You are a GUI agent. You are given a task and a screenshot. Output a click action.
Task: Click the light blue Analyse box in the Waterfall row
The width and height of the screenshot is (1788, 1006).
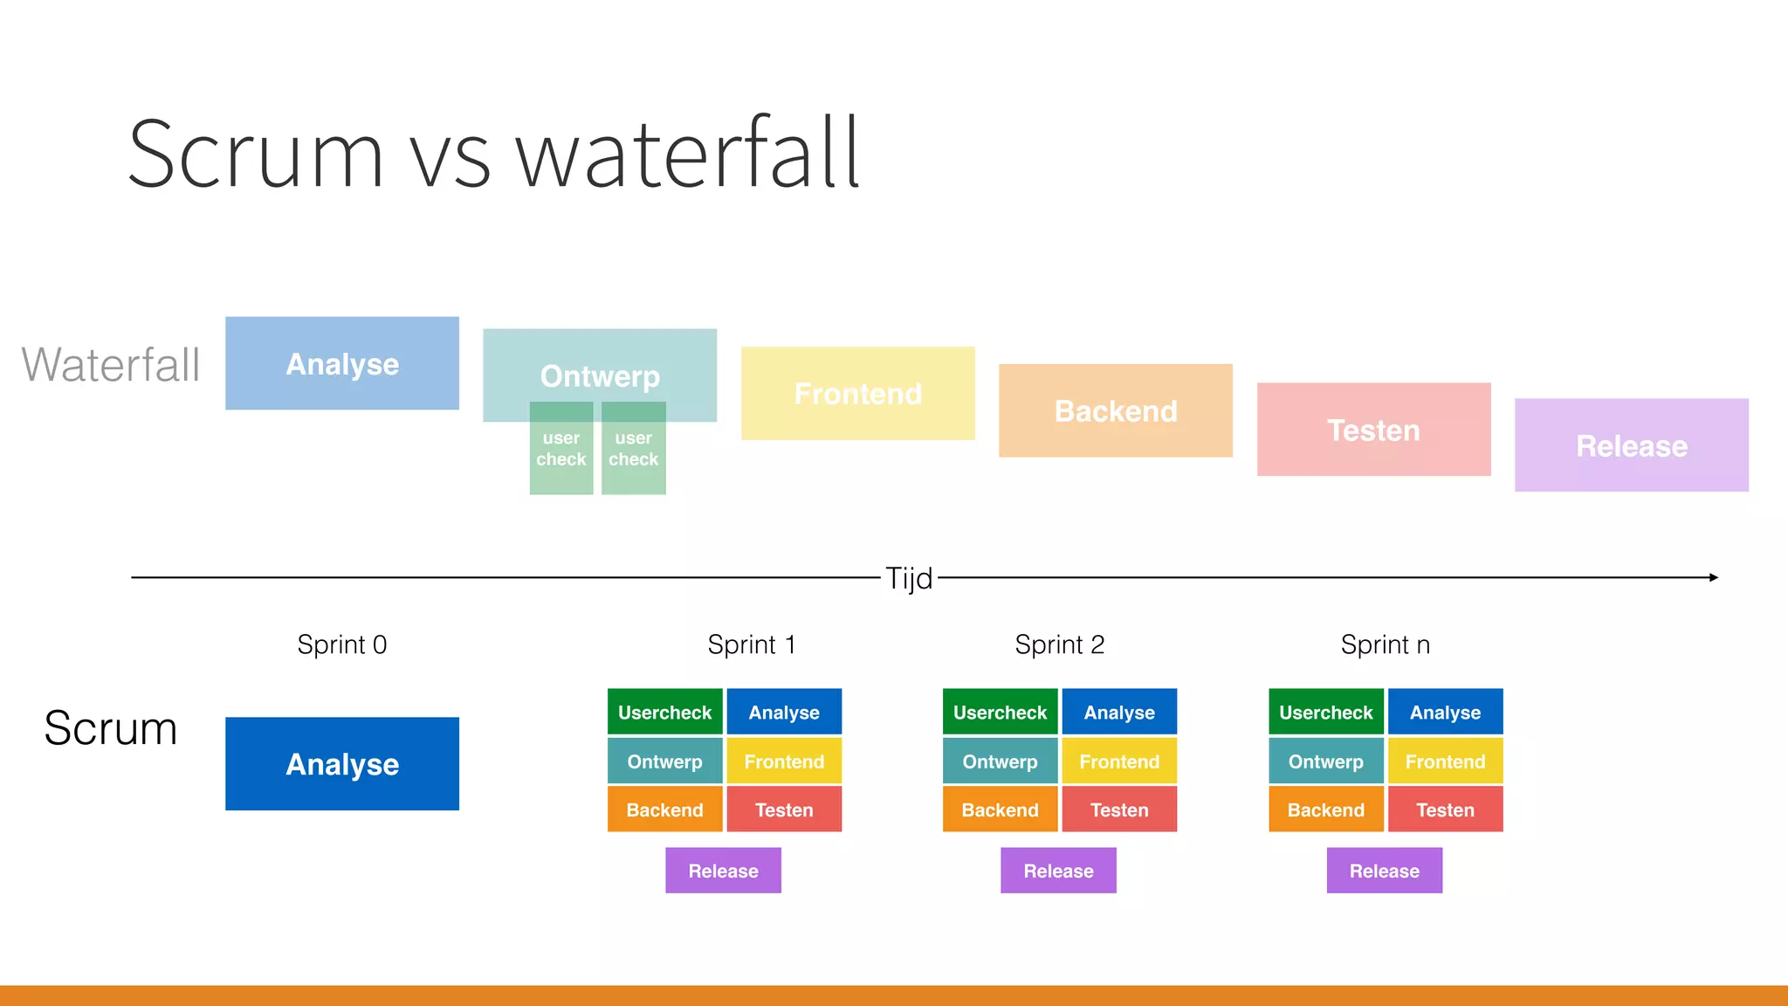(341, 363)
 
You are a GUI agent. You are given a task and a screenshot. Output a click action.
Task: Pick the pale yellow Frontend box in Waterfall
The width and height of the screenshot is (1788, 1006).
(857, 393)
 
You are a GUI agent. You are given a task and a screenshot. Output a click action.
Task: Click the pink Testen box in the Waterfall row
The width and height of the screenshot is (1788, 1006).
(1373, 429)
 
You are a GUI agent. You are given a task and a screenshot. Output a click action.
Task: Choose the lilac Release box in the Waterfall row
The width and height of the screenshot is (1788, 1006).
(1631, 445)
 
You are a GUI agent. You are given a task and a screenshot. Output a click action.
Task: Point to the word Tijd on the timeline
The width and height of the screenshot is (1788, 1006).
(909, 578)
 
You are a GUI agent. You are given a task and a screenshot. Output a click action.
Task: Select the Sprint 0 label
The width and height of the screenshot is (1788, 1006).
(341, 644)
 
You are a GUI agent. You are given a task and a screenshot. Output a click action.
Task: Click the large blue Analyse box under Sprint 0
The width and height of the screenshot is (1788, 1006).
(341, 763)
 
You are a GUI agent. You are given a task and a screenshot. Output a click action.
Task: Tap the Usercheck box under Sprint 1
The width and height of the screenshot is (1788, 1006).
(664, 712)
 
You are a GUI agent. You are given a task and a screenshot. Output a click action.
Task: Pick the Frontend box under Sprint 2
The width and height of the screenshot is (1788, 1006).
(1119, 761)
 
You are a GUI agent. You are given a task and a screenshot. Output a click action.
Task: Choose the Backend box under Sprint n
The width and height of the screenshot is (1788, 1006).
(1325, 810)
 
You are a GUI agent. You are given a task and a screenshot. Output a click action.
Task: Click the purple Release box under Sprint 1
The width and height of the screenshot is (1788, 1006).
(723, 871)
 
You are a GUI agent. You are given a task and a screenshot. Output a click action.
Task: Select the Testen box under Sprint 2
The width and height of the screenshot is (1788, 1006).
(1119, 810)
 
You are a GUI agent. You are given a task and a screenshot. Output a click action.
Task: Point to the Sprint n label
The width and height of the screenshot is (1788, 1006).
(1385, 644)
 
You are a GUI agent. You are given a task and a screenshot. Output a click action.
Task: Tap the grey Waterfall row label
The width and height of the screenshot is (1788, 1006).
(111, 364)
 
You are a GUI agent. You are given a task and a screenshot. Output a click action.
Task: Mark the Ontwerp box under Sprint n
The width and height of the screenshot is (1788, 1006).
(1325, 761)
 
